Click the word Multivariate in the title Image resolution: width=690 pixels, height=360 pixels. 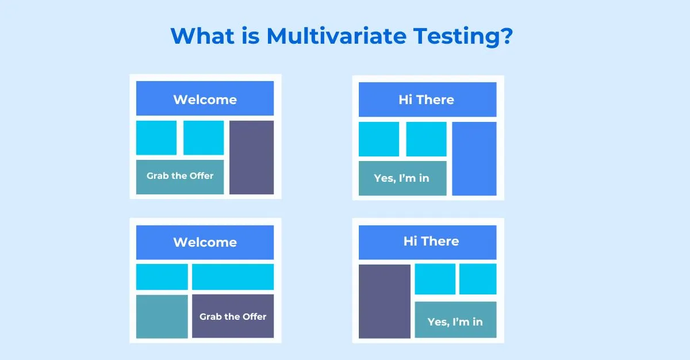(x=336, y=36)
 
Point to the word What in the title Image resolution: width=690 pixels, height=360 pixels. (x=202, y=36)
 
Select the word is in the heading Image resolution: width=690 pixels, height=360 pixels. (x=251, y=36)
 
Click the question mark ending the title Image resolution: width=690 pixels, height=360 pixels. (x=505, y=36)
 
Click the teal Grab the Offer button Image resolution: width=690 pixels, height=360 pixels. (x=180, y=177)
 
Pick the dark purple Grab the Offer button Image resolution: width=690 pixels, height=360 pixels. (x=233, y=316)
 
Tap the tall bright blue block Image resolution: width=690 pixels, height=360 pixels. (x=474, y=159)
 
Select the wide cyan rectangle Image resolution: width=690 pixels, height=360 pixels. (x=233, y=277)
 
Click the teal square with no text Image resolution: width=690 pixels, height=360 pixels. (x=162, y=316)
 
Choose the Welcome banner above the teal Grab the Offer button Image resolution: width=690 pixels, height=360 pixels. (x=205, y=98)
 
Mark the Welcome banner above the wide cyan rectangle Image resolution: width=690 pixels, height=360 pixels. (x=205, y=242)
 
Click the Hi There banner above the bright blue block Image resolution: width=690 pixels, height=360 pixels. (x=428, y=99)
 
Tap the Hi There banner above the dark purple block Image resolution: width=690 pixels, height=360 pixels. (x=428, y=242)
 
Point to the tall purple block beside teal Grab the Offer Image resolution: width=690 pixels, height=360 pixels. (x=252, y=158)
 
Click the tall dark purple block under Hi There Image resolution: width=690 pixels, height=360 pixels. (x=385, y=301)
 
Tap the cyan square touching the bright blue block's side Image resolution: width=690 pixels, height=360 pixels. (x=426, y=139)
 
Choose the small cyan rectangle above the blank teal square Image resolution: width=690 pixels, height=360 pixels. (x=162, y=277)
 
